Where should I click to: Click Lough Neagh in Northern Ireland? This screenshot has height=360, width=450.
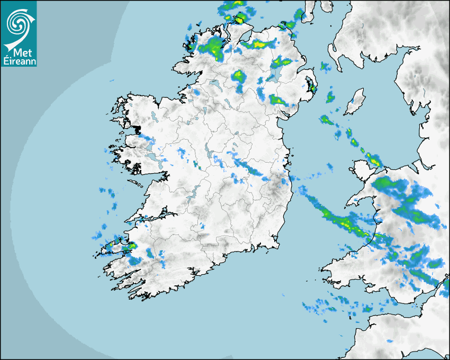274,75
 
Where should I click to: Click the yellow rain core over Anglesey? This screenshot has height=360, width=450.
375,160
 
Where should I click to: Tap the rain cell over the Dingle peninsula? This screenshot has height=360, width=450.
127,247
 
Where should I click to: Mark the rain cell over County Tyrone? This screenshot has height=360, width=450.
238,77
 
